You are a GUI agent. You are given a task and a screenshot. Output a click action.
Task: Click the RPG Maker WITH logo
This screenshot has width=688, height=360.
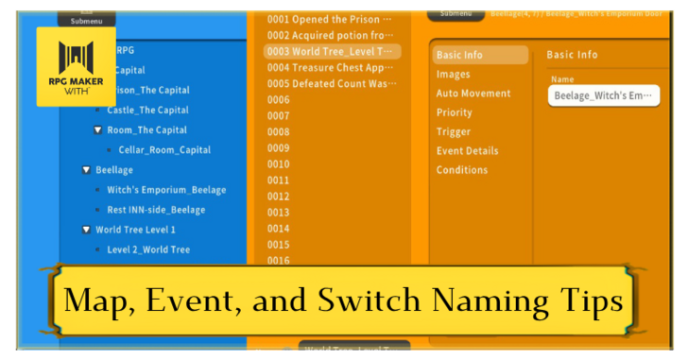pos(76,66)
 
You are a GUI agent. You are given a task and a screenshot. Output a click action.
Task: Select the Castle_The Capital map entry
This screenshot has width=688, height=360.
pos(147,111)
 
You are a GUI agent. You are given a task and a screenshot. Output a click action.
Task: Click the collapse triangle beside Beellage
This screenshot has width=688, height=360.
pos(87,170)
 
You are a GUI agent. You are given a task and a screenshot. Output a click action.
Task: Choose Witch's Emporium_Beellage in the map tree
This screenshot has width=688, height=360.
pos(166,190)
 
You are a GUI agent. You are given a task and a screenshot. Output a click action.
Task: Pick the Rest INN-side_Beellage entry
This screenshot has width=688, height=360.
pos(156,210)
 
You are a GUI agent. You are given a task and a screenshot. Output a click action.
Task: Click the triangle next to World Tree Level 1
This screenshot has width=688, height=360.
pos(87,230)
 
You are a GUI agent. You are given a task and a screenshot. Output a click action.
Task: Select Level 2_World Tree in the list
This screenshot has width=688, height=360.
pos(148,249)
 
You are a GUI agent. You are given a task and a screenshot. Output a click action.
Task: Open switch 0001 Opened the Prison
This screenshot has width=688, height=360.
pos(330,19)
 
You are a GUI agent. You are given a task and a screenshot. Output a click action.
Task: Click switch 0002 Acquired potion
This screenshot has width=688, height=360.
pos(330,35)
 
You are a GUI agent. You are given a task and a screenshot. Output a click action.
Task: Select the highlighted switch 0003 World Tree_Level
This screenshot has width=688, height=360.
pos(330,51)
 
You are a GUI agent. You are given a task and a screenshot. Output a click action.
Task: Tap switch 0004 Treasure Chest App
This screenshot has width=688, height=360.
pos(330,67)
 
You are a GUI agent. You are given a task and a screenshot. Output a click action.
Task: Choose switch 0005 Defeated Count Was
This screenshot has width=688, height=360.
pos(330,83)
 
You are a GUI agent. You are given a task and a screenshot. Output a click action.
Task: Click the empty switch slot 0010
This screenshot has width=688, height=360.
pos(279,163)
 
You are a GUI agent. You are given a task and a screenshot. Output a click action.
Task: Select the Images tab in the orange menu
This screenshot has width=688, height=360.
pos(453,75)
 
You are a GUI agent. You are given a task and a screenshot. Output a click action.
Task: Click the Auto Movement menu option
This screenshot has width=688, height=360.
pos(473,94)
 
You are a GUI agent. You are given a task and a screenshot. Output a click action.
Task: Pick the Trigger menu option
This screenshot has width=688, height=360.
pos(454,132)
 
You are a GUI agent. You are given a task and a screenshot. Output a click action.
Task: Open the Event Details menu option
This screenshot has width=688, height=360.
pos(467,151)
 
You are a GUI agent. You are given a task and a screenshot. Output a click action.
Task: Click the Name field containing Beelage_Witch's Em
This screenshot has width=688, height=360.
pos(603,95)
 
